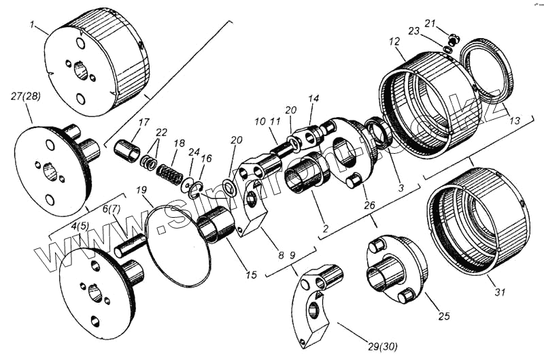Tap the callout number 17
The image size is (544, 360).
[143, 122]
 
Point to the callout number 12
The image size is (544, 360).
[394, 42]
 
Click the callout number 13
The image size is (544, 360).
[515, 120]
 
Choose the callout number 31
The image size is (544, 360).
[500, 293]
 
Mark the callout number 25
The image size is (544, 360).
[445, 316]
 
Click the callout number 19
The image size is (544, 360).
[140, 190]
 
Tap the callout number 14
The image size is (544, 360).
[313, 99]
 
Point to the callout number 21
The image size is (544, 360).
[429, 23]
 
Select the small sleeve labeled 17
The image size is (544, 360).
[126, 150]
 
